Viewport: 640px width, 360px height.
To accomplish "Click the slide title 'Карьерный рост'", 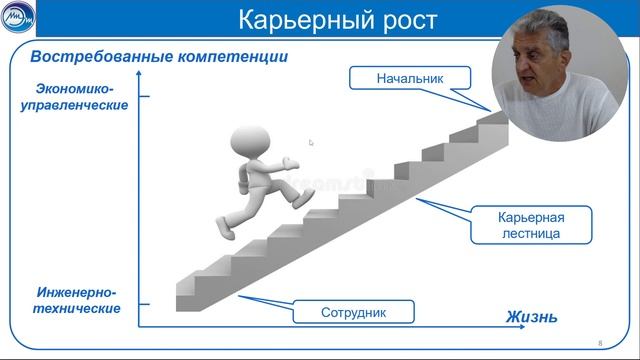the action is click(x=319, y=19).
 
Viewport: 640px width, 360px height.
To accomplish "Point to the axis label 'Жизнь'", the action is click(x=531, y=318).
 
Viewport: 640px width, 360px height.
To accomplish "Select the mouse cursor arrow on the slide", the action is click(x=311, y=143).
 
